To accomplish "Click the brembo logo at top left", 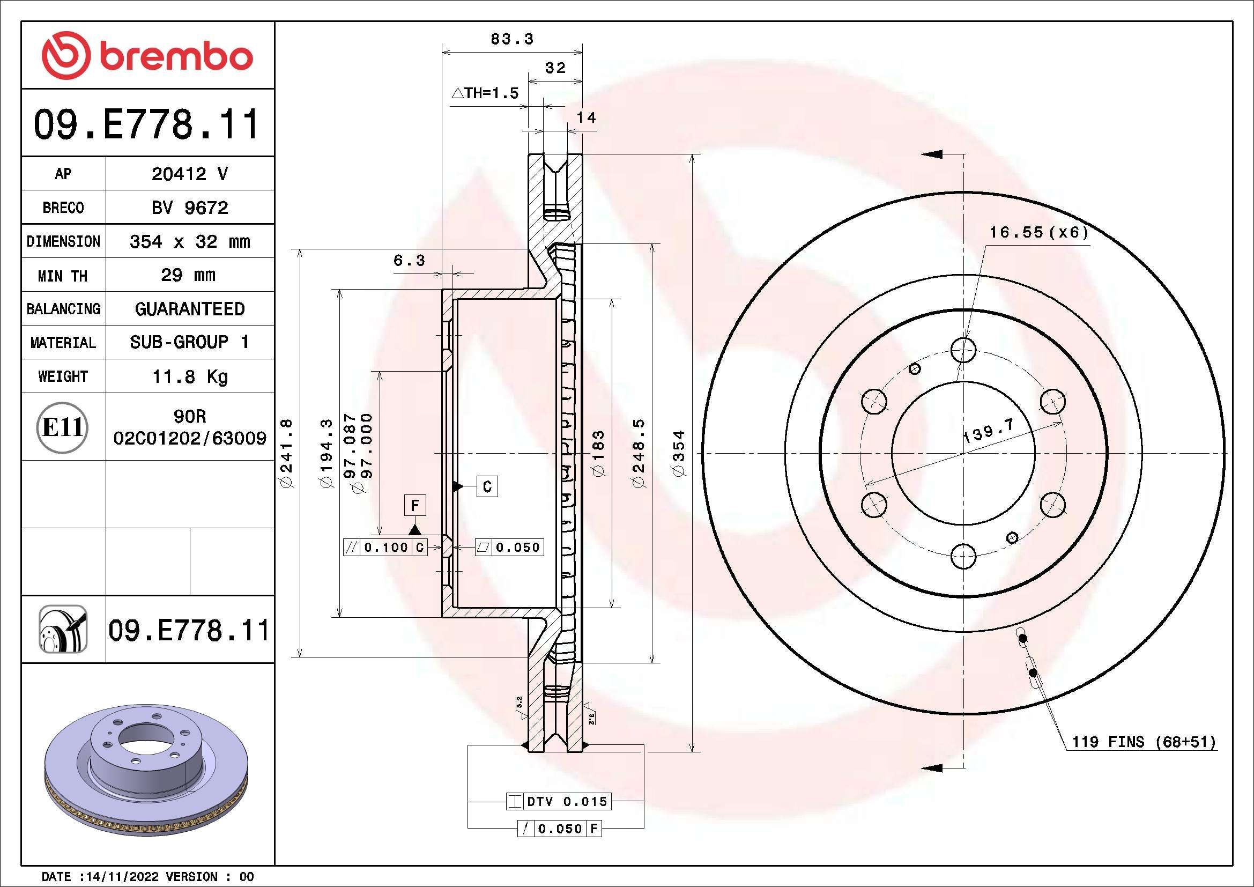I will [x=147, y=56].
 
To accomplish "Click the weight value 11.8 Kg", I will [x=189, y=376].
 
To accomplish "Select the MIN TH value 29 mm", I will [x=188, y=275].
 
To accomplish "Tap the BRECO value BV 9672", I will [x=189, y=208].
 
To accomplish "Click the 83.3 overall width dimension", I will [x=511, y=39].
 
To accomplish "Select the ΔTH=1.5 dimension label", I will [x=485, y=93].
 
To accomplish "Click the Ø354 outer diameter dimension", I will [x=679, y=453].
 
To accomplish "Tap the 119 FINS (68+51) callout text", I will [x=1144, y=742].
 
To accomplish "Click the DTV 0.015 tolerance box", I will [x=566, y=801].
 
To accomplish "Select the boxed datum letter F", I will [x=414, y=505].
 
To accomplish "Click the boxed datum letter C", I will [x=487, y=486].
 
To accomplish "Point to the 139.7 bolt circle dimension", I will [x=988, y=431].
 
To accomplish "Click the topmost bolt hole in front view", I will [x=963, y=350].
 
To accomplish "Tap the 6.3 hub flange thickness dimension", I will [x=409, y=261].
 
